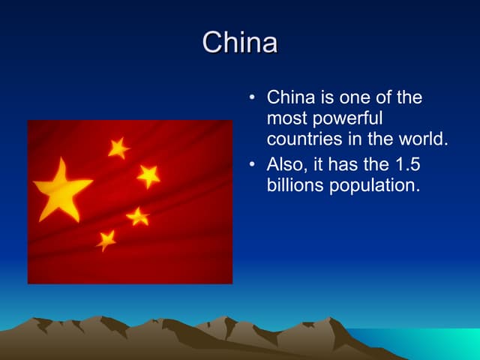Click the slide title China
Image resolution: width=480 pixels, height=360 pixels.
[240, 43]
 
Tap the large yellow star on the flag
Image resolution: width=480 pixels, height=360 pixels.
[61, 188]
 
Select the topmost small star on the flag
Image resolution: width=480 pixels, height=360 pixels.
[118, 148]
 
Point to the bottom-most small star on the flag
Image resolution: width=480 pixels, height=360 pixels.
[106, 239]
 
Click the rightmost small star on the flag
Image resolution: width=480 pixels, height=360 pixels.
[148, 175]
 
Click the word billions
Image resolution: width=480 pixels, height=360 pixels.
[295, 184]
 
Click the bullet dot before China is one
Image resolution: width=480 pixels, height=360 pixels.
[252, 98]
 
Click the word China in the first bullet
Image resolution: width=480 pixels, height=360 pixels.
[289, 97]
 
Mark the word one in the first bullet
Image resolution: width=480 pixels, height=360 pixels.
[354, 97]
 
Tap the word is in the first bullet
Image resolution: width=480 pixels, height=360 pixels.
[323, 97]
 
